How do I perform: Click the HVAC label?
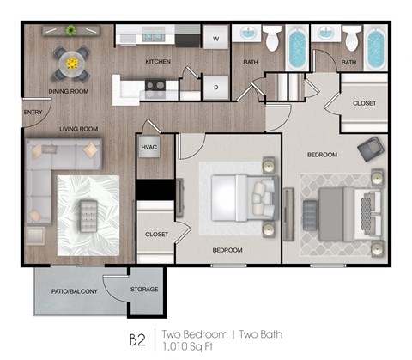[x=148, y=148]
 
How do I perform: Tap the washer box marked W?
[x=215, y=39]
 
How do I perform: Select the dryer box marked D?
[x=215, y=86]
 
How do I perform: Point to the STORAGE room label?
[x=144, y=290]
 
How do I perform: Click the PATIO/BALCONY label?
[x=74, y=291]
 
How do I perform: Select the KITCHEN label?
[x=157, y=62]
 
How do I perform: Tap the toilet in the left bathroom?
[x=272, y=39]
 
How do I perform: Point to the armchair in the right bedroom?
[x=372, y=149]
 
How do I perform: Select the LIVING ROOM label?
[x=78, y=129]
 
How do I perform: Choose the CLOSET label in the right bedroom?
[x=364, y=103]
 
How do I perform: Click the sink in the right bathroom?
[x=326, y=34]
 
